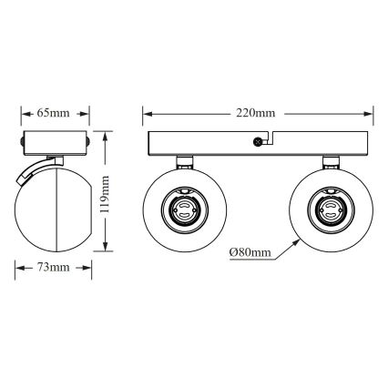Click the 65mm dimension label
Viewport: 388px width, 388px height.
(55, 113)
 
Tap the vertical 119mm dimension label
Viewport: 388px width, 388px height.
(107, 193)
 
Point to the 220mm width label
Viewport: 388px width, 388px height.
(256, 113)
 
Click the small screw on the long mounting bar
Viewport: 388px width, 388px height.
(258, 141)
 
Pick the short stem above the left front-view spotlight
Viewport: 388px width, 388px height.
(185, 162)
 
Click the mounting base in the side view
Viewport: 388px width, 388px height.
(55, 143)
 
